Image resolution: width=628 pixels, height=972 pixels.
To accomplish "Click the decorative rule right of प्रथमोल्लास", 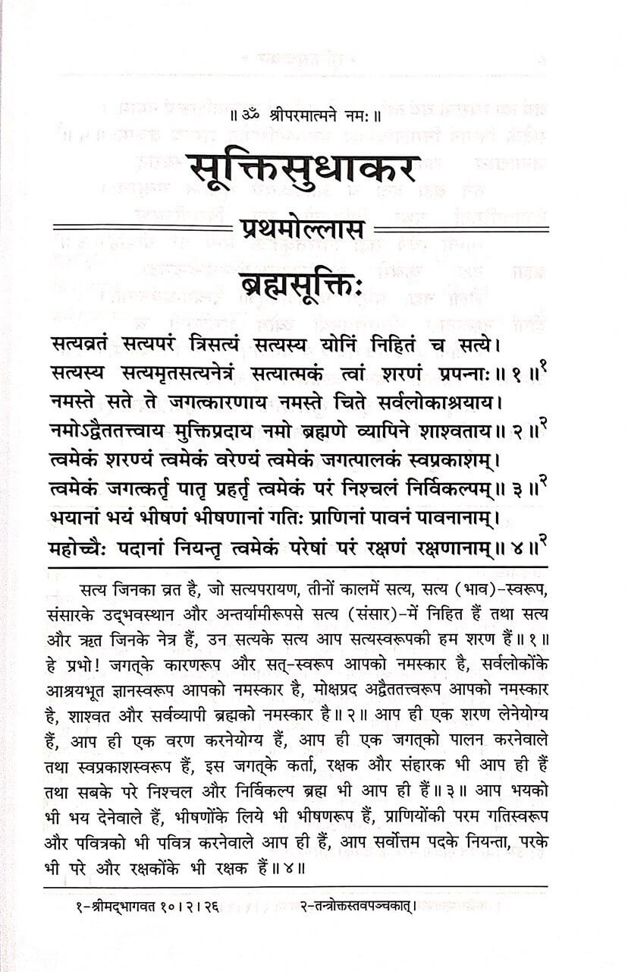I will (461, 229).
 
